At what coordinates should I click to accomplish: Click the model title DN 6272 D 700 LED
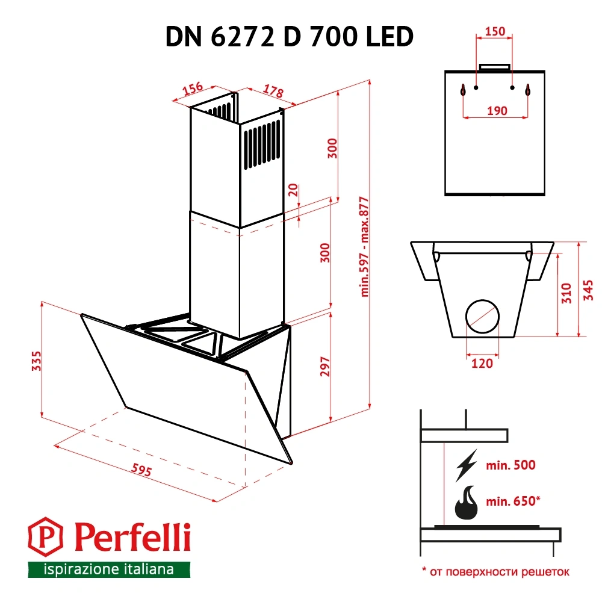tap(289, 37)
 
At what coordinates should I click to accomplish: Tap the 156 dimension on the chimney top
tap(192, 88)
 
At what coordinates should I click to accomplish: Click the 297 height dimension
tap(324, 368)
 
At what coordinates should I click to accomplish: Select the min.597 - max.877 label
tap(364, 247)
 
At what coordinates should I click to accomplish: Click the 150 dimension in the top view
tap(495, 33)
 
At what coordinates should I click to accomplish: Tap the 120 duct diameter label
tap(482, 363)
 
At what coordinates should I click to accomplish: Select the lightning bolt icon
tap(467, 465)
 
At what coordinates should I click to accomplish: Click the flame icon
tap(468, 502)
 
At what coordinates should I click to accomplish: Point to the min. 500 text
tap(512, 465)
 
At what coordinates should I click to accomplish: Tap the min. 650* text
tap(514, 500)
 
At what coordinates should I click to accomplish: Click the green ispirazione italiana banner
tap(109, 569)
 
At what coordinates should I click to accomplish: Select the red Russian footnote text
tap(495, 571)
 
